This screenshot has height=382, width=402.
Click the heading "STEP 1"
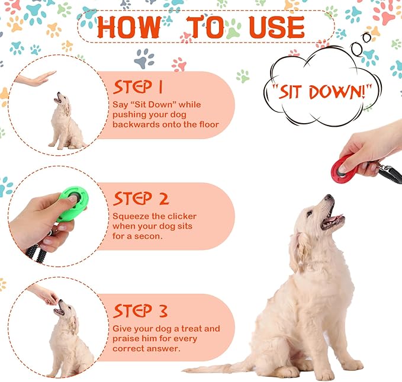click(x=137, y=88)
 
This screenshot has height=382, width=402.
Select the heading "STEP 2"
click(x=141, y=198)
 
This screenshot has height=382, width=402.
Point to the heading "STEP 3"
click(x=140, y=310)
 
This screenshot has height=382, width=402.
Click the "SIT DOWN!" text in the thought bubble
click(x=322, y=92)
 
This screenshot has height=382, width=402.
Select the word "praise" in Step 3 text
click(x=126, y=339)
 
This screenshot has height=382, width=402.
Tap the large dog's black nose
click(x=327, y=198)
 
